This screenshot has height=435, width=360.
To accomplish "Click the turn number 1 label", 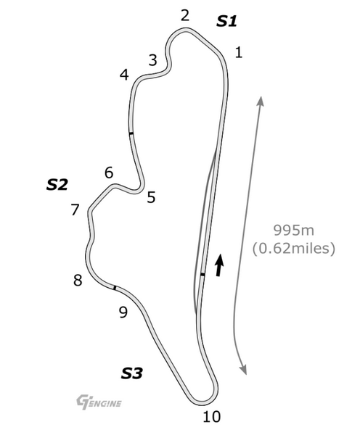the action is [239, 52].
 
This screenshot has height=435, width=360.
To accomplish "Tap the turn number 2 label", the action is [185, 15].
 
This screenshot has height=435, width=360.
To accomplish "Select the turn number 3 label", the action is [152, 60].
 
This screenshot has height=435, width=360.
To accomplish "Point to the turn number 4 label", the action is [124, 75].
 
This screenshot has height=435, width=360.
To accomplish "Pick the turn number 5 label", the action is [151, 197].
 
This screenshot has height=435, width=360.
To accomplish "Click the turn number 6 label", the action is [109, 173].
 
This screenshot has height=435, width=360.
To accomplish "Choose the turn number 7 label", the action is [75, 210].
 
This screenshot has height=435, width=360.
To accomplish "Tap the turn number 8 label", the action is [78, 280].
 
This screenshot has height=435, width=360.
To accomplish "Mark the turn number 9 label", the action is [123, 312].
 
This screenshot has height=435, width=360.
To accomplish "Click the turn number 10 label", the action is [212, 416].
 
